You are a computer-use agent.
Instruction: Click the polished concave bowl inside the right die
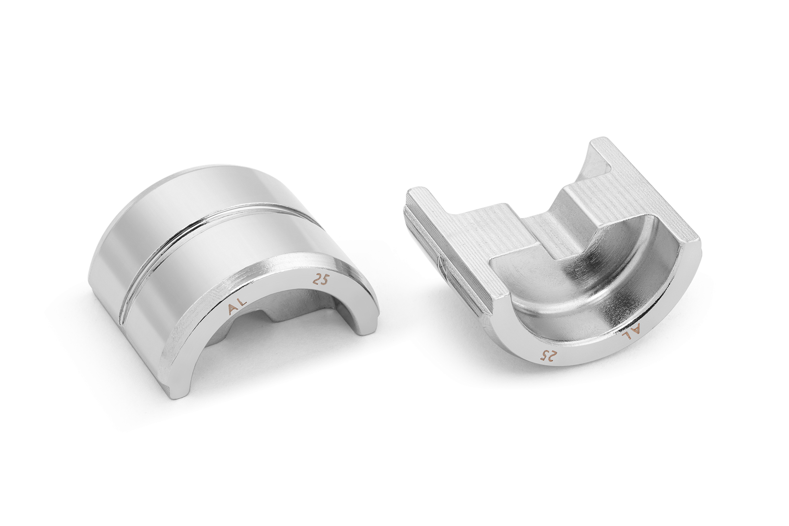[x=584, y=285]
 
